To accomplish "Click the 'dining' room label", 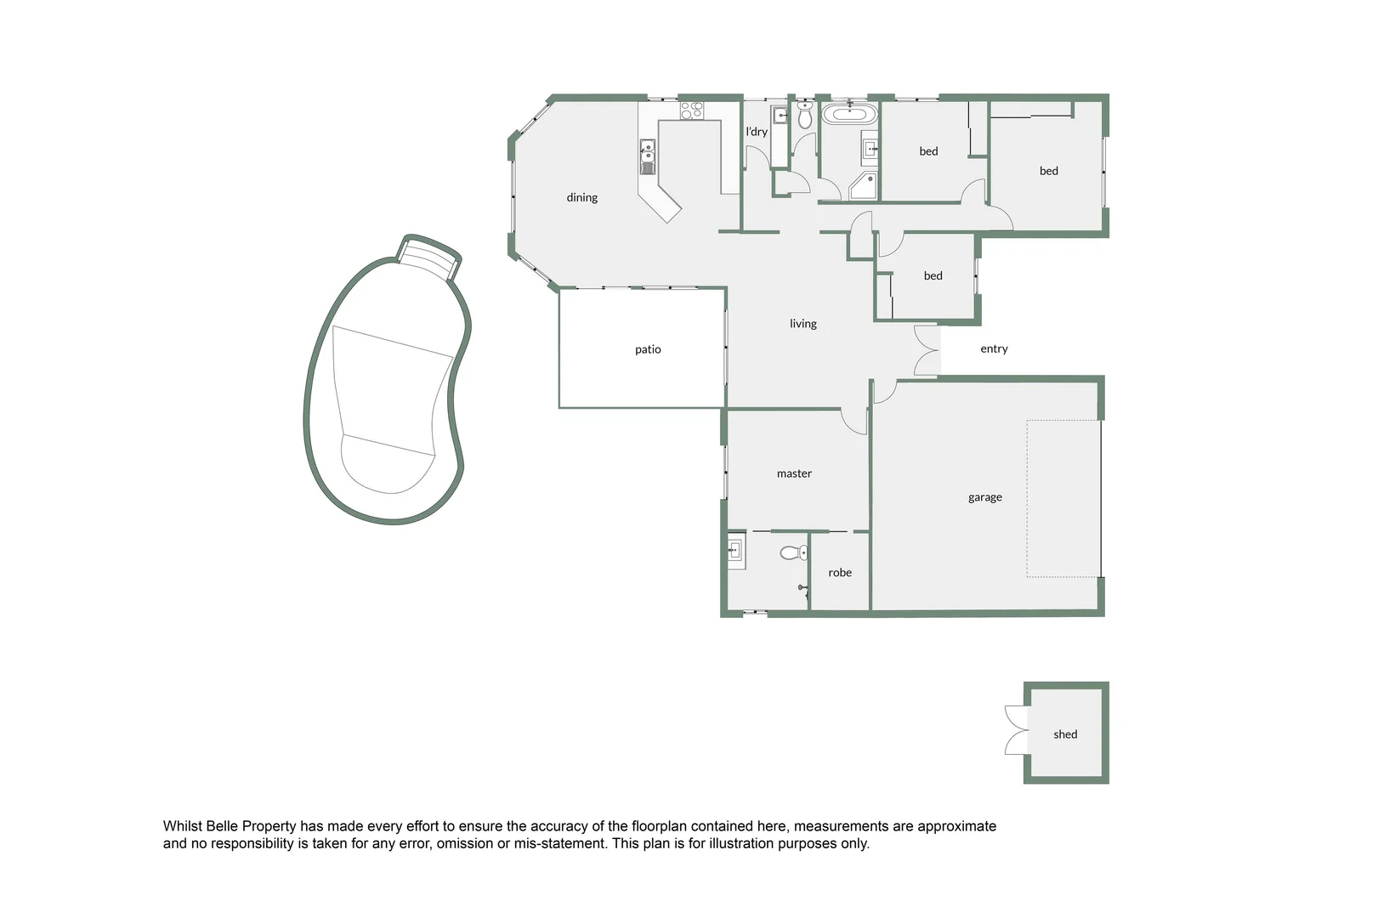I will pyautogui.click(x=582, y=197).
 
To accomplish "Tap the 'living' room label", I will pyautogui.click(x=802, y=323).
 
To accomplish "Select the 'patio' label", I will pyautogui.click(x=648, y=349).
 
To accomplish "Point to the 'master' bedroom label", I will pyautogui.click(x=794, y=473).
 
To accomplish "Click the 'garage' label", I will pyautogui.click(x=984, y=497).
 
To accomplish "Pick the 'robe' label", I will pyautogui.click(x=840, y=573).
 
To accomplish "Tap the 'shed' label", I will pyautogui.click(x=1065, y=734).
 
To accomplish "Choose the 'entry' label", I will pyautogui.click(x=994, y=348).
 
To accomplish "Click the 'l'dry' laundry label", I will pyautogui.click(x=757, y=132).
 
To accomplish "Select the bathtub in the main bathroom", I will pyautogui.click(x=848, y=114).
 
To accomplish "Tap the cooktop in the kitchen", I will pyautogui.click(x=691, y=110).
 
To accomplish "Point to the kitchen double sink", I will pyautogui.click(x=647, y=156).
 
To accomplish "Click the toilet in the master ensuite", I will pyautogui.click(x=793, y=553).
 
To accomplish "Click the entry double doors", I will pyautogui.click(x=927, y=349).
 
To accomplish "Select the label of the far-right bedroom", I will pyautogui.click(x=1049, y=171).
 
